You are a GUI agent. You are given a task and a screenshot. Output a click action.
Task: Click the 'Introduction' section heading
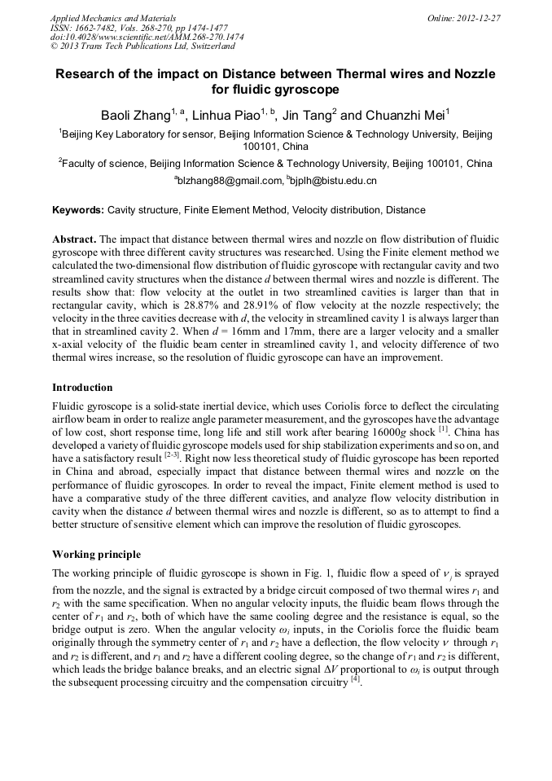click(82, 387)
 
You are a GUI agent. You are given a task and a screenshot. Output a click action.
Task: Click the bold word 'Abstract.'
click(75, 240)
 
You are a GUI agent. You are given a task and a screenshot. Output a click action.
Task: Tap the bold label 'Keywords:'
click(78, 210)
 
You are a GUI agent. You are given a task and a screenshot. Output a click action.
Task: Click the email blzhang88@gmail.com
click(230, 180)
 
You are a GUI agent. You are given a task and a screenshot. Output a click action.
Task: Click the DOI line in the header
click(147, 37)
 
